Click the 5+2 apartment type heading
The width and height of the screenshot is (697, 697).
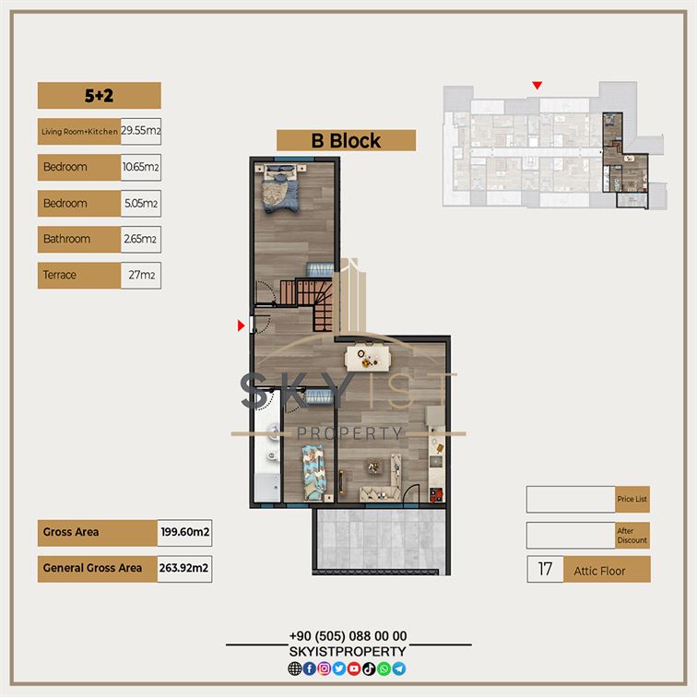pyautogui.click(x=100, y=96)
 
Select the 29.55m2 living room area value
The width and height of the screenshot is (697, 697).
pyautogui.click(x=141, y=131)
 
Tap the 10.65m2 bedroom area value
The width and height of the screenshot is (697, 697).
pyautogui.click(x=140, y=167)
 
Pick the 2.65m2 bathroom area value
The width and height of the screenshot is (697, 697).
pyautogui.click(x=140, y=239)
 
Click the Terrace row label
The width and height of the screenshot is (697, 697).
pyautogui.click(x=60, y=275)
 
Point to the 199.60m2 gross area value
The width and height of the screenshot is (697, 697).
pyautogui.click(x=185, y=532)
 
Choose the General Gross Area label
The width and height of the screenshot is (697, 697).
pyautogui.click(x=92, y=568)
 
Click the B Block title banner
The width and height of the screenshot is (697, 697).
pyautogui.click(x=347, y=141)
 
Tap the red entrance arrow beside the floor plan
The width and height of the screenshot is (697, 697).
pyautogui.click(x=242, y=325)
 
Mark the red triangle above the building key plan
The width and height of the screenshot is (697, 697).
pyautogui.click(x=538, y=85)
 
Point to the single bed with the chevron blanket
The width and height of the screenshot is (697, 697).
pyautogui.click(x=313, y=473)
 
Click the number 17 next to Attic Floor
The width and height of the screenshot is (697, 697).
pyautogui.click(x=545, y=569)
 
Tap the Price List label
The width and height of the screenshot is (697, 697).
pyautogui.click(x=632, y=499)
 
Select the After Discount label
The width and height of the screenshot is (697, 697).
pyautogui.click(x=632, y=536)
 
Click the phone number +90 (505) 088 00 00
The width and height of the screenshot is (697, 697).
pyautogui.click(x=348, y=636)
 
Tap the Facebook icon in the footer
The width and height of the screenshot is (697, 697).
pyautogui.click(x=310, y=668)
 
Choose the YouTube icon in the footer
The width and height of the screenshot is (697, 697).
pyautogui.click(x=354, y=668)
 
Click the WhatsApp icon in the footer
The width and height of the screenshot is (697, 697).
pyautogui.click(x=384, y=668)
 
